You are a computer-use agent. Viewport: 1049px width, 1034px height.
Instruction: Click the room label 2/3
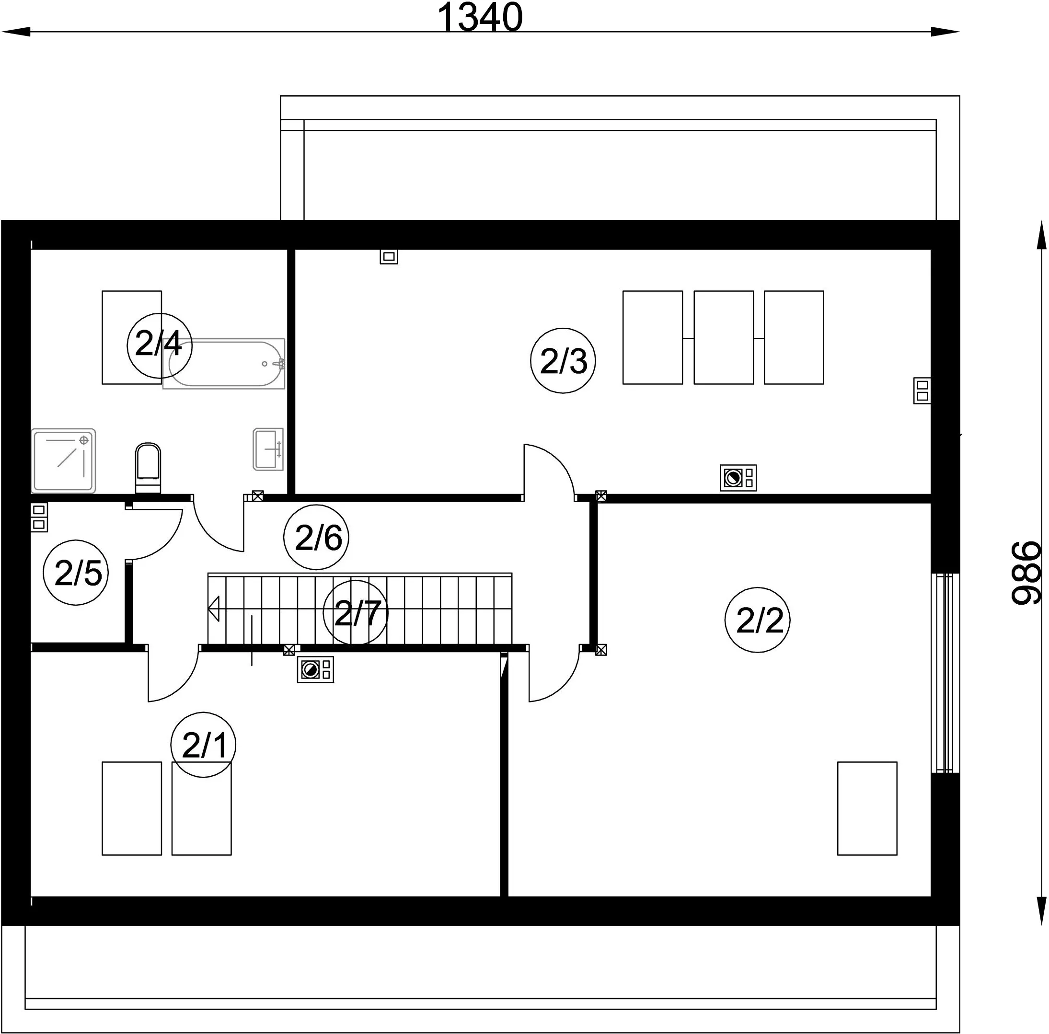(563, 361)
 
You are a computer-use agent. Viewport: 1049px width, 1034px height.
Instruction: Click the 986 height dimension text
(1026, 572)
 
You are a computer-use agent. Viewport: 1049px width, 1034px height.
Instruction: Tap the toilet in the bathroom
(148, 468)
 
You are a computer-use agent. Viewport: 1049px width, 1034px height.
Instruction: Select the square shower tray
(64, 461)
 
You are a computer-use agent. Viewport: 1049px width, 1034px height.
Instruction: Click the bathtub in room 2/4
(224, 364)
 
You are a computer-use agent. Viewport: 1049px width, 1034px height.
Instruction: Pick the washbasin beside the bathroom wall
(268, 449)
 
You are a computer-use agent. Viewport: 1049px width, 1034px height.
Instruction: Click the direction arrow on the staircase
(213, 609)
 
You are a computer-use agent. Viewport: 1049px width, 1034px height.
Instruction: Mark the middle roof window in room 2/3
(723, 338)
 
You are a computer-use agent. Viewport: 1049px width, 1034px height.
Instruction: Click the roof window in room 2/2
(867, 808)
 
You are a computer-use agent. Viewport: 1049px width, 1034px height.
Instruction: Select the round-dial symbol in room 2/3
(738, 478)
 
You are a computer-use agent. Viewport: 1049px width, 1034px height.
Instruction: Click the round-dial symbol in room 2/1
(315, 669)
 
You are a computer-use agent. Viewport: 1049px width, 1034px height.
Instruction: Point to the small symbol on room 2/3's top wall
(389, 256)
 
